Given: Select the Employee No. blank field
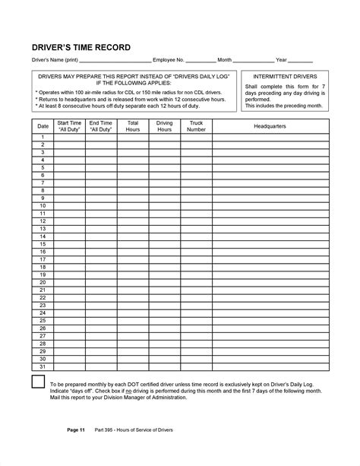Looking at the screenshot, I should coord(201,60).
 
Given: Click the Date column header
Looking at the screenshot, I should coord(43,125).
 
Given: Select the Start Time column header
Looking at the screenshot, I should coord(69,125).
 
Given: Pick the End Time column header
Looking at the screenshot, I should coord(101,125).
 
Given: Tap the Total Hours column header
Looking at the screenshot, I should coord(133,125).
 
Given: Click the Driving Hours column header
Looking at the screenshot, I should coord(165,125).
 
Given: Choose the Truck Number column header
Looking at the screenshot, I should coord(197,125).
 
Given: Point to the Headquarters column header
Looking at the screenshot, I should coord(270,125).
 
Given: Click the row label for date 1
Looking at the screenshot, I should coord(43,137).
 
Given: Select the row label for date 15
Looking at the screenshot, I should coord(43,243).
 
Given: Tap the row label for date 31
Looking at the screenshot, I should coord(43,367).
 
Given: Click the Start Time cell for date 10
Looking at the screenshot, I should coord(69,205).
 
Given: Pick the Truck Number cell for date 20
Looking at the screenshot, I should coord(197,282).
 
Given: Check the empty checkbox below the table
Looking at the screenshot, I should coord(37,381).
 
